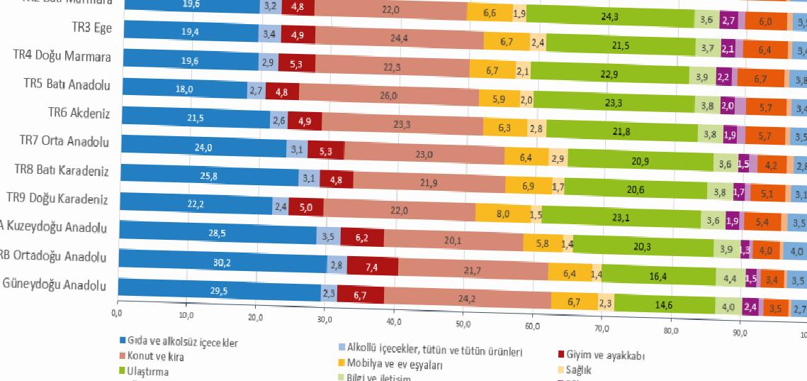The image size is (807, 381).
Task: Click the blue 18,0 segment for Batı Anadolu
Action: pyautogui.click(x=184, y=89)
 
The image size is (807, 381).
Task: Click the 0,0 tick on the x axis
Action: pyautogui.click(x=118, y=311)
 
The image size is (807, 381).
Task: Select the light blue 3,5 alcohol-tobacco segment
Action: pyautogui.click(x=328, y=236)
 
